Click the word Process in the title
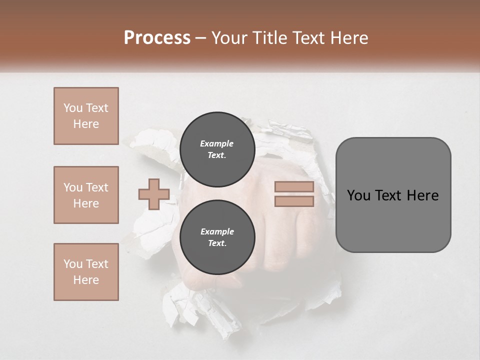(157, 38)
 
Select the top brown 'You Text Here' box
(86, 116)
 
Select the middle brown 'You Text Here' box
(86, 195)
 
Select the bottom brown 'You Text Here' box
(86, 272)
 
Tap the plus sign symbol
(154, 194)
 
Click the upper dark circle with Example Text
(217, 149)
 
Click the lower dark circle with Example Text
(217, 237)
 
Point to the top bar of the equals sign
(294, 187)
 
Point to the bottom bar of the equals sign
(294, 201)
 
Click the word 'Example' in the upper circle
(217, 143)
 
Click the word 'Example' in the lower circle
(217, 231)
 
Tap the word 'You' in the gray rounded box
(358, 195)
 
